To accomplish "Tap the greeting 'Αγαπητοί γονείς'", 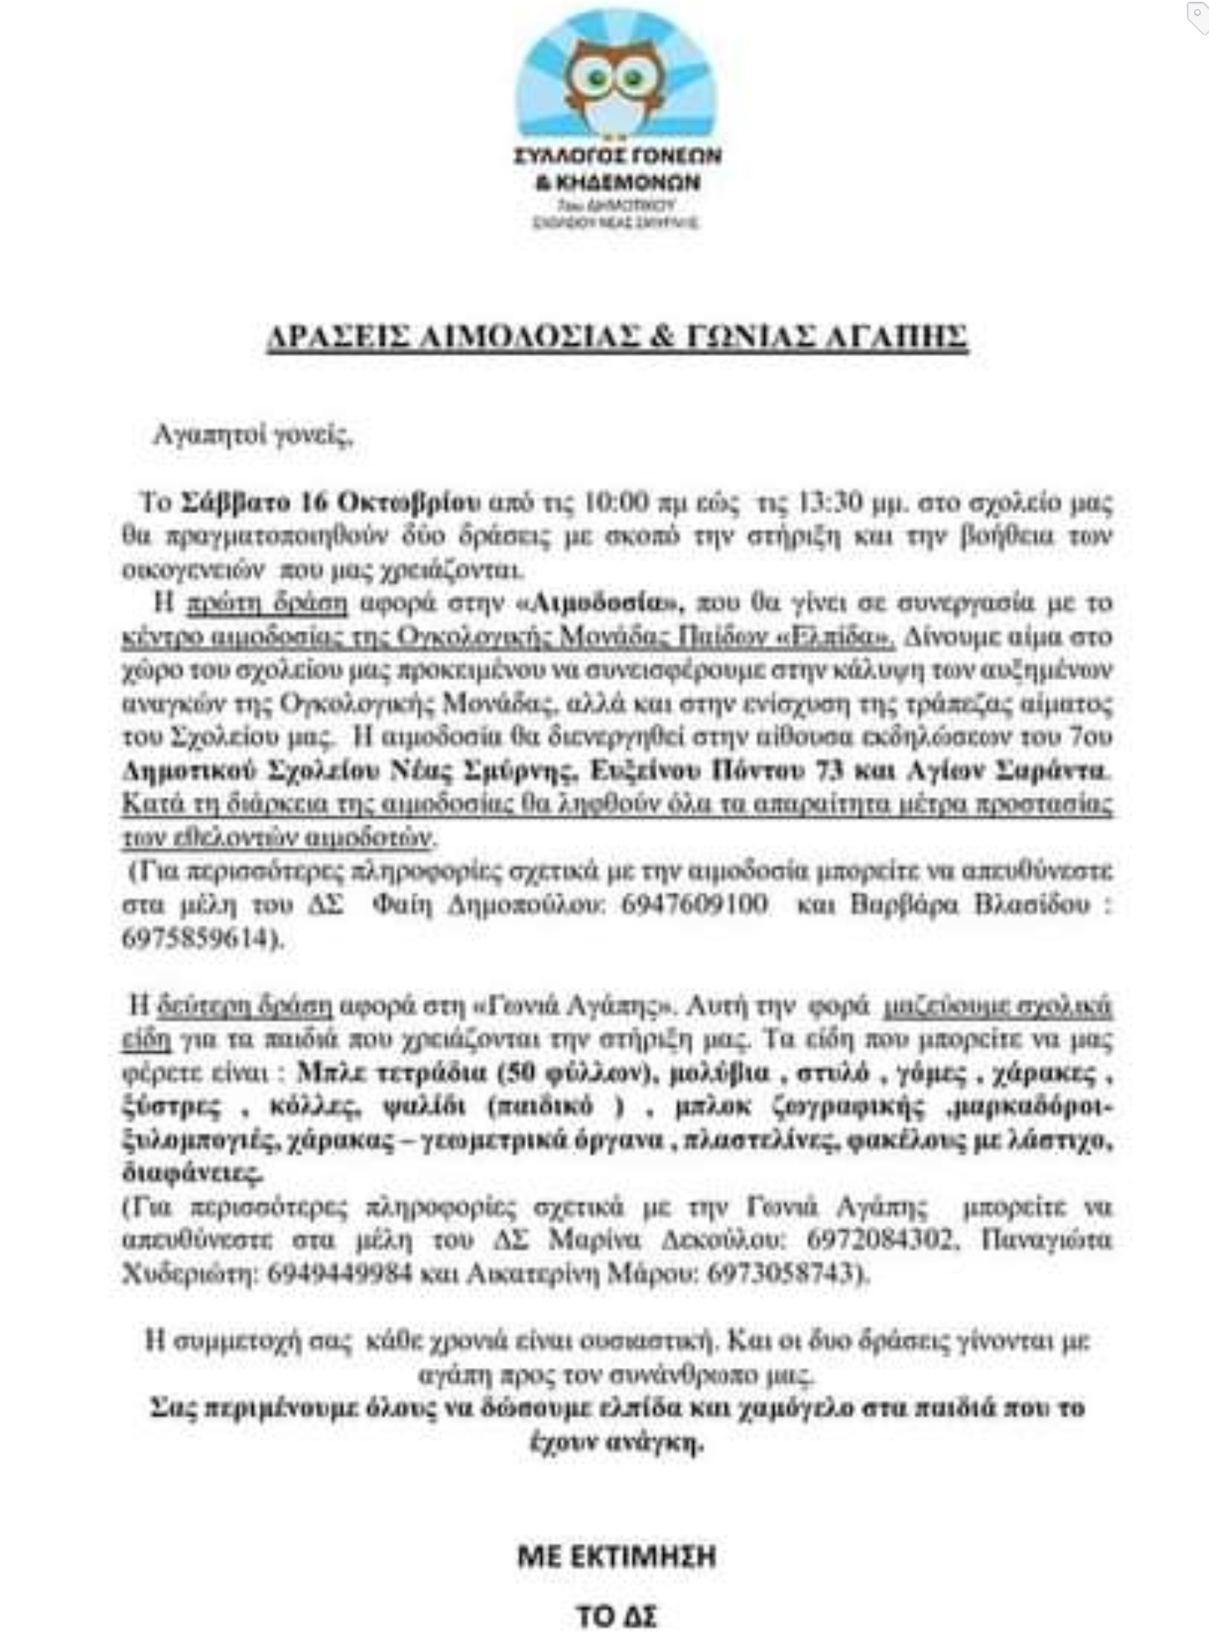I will pos(254,435).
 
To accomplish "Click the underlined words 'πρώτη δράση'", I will pos(266,603).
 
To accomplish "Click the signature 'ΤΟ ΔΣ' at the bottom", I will pos(616,1616).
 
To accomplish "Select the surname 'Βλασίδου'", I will pos(1031,904).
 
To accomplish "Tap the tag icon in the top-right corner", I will pos(1197,17).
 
